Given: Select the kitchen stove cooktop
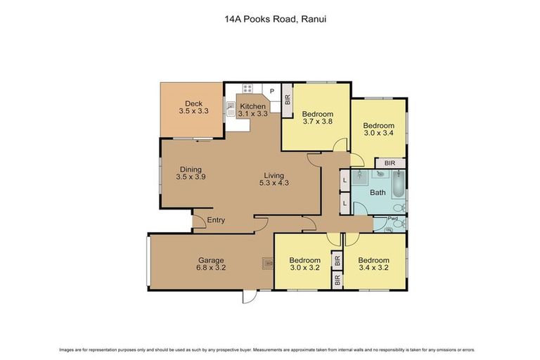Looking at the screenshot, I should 247,89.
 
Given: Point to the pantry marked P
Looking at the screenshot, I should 271,91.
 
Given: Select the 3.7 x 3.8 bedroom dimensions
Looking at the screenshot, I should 317,121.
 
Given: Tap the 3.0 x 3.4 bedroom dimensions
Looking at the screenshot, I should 378,131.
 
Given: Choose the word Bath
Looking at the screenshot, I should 378,192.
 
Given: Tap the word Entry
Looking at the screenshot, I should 216,220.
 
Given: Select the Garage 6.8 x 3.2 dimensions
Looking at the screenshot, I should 211,267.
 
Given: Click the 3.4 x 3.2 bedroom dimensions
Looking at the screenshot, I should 373,267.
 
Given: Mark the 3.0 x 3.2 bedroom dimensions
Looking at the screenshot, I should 304,267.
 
